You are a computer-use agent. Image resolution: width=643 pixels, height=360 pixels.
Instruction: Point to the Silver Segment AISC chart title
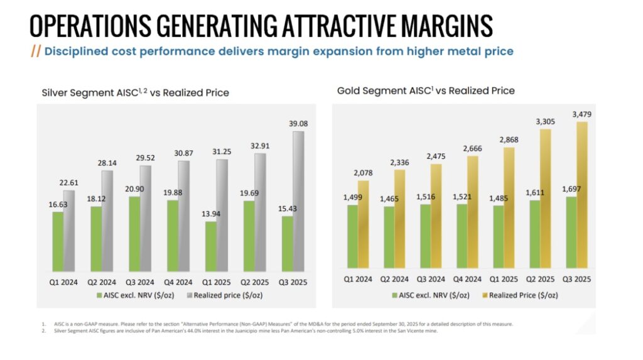135,93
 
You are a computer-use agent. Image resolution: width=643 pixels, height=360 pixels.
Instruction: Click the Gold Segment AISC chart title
426,90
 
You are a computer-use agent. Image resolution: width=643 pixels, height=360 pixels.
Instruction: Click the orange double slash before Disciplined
36,52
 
